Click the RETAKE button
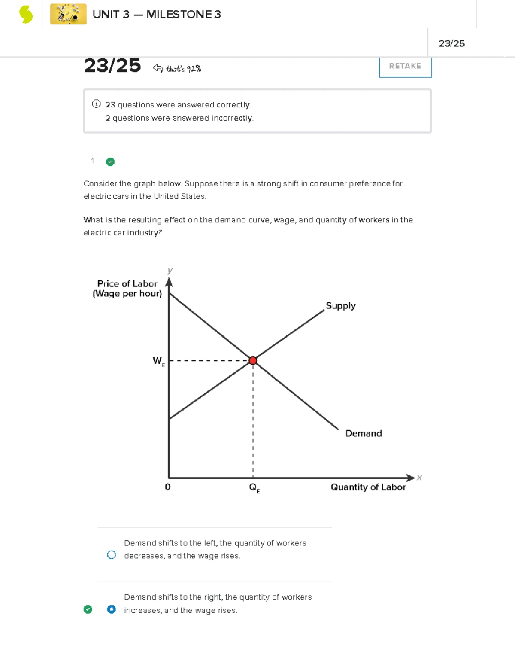[x=405, y=66]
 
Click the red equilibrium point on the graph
[x=253, y=360]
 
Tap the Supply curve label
[x=340, y=305]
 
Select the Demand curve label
[x=363, y=433]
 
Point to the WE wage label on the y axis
[x=158, y=361]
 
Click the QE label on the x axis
[x=254, y=488]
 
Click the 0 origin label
[x=167, y=487]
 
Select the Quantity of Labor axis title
[x=368, y=487]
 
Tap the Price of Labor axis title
[x=127, y=289]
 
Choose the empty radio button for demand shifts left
[x=111, y=555]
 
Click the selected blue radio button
[x=111, y=609]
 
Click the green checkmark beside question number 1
[x=110, y=162]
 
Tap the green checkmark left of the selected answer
[x=88, y=609]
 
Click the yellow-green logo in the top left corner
[x=26, y=15]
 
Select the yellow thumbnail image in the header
[x=68, y=14]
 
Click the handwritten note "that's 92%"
[x=183, y=69]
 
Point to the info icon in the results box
[x=96, y=104]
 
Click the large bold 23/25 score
[x=112, y=66]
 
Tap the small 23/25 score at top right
[x=451, y=43]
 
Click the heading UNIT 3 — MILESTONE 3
[x=157, y=15]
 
